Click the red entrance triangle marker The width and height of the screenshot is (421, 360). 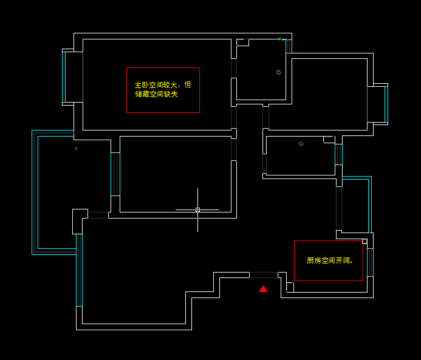tap(263, 289)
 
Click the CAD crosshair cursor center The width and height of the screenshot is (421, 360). tap(197, 209)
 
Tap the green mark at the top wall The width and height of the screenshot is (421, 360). tap(279, 39)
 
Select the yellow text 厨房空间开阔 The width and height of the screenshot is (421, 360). tap(329, 260)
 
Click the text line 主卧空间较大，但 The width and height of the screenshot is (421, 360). tap(163, 85)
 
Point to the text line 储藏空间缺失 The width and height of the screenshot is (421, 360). tap(157, 94)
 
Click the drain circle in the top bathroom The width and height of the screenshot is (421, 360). tap(278, 72)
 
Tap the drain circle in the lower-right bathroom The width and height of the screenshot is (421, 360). tap(301, 143)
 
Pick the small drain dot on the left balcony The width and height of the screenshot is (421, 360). tap(76, 148)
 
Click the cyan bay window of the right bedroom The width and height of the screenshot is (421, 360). tap(386, 104)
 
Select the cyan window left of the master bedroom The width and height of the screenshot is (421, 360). tap(63, 76)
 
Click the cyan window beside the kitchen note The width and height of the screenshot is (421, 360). tap(371, 262)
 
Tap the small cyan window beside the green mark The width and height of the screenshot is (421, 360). tap(289, 46)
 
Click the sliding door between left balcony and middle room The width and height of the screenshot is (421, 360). tap(114, 174)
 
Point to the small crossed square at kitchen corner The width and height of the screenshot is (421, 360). tap(365, 242)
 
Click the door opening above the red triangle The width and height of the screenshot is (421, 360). tap(263, 275)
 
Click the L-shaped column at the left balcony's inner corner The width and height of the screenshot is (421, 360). tap(79, 220)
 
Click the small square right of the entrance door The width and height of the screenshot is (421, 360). tap(290, 287)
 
